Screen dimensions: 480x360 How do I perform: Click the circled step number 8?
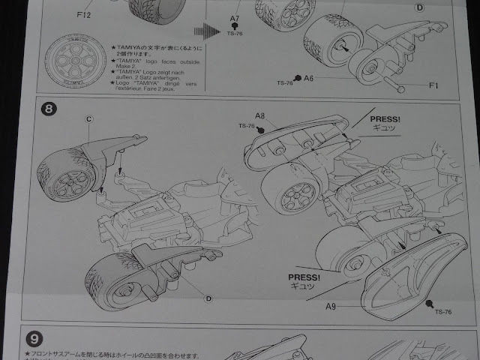pyautogui.click(x=49, y=109)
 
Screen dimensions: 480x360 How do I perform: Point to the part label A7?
pyautogui.click(x=235, y=17)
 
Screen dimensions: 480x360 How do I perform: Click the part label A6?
pyautogui.click(x=309, y=77)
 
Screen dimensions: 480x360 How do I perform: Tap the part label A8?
pyautogui.click(x=260, y=115)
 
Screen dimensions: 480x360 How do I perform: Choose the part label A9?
pyautogui.click(x=331, y=306)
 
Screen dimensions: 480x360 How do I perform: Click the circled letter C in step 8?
pyautogui.click(x=88, y=118)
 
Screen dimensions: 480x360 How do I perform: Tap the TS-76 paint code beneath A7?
pyautogui.click(x=234, y=34)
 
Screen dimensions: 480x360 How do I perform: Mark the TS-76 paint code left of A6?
pyautogui.click(x=285, y=82)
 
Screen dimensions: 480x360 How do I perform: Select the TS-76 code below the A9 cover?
pyautogui.click(x=442, y=310)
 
